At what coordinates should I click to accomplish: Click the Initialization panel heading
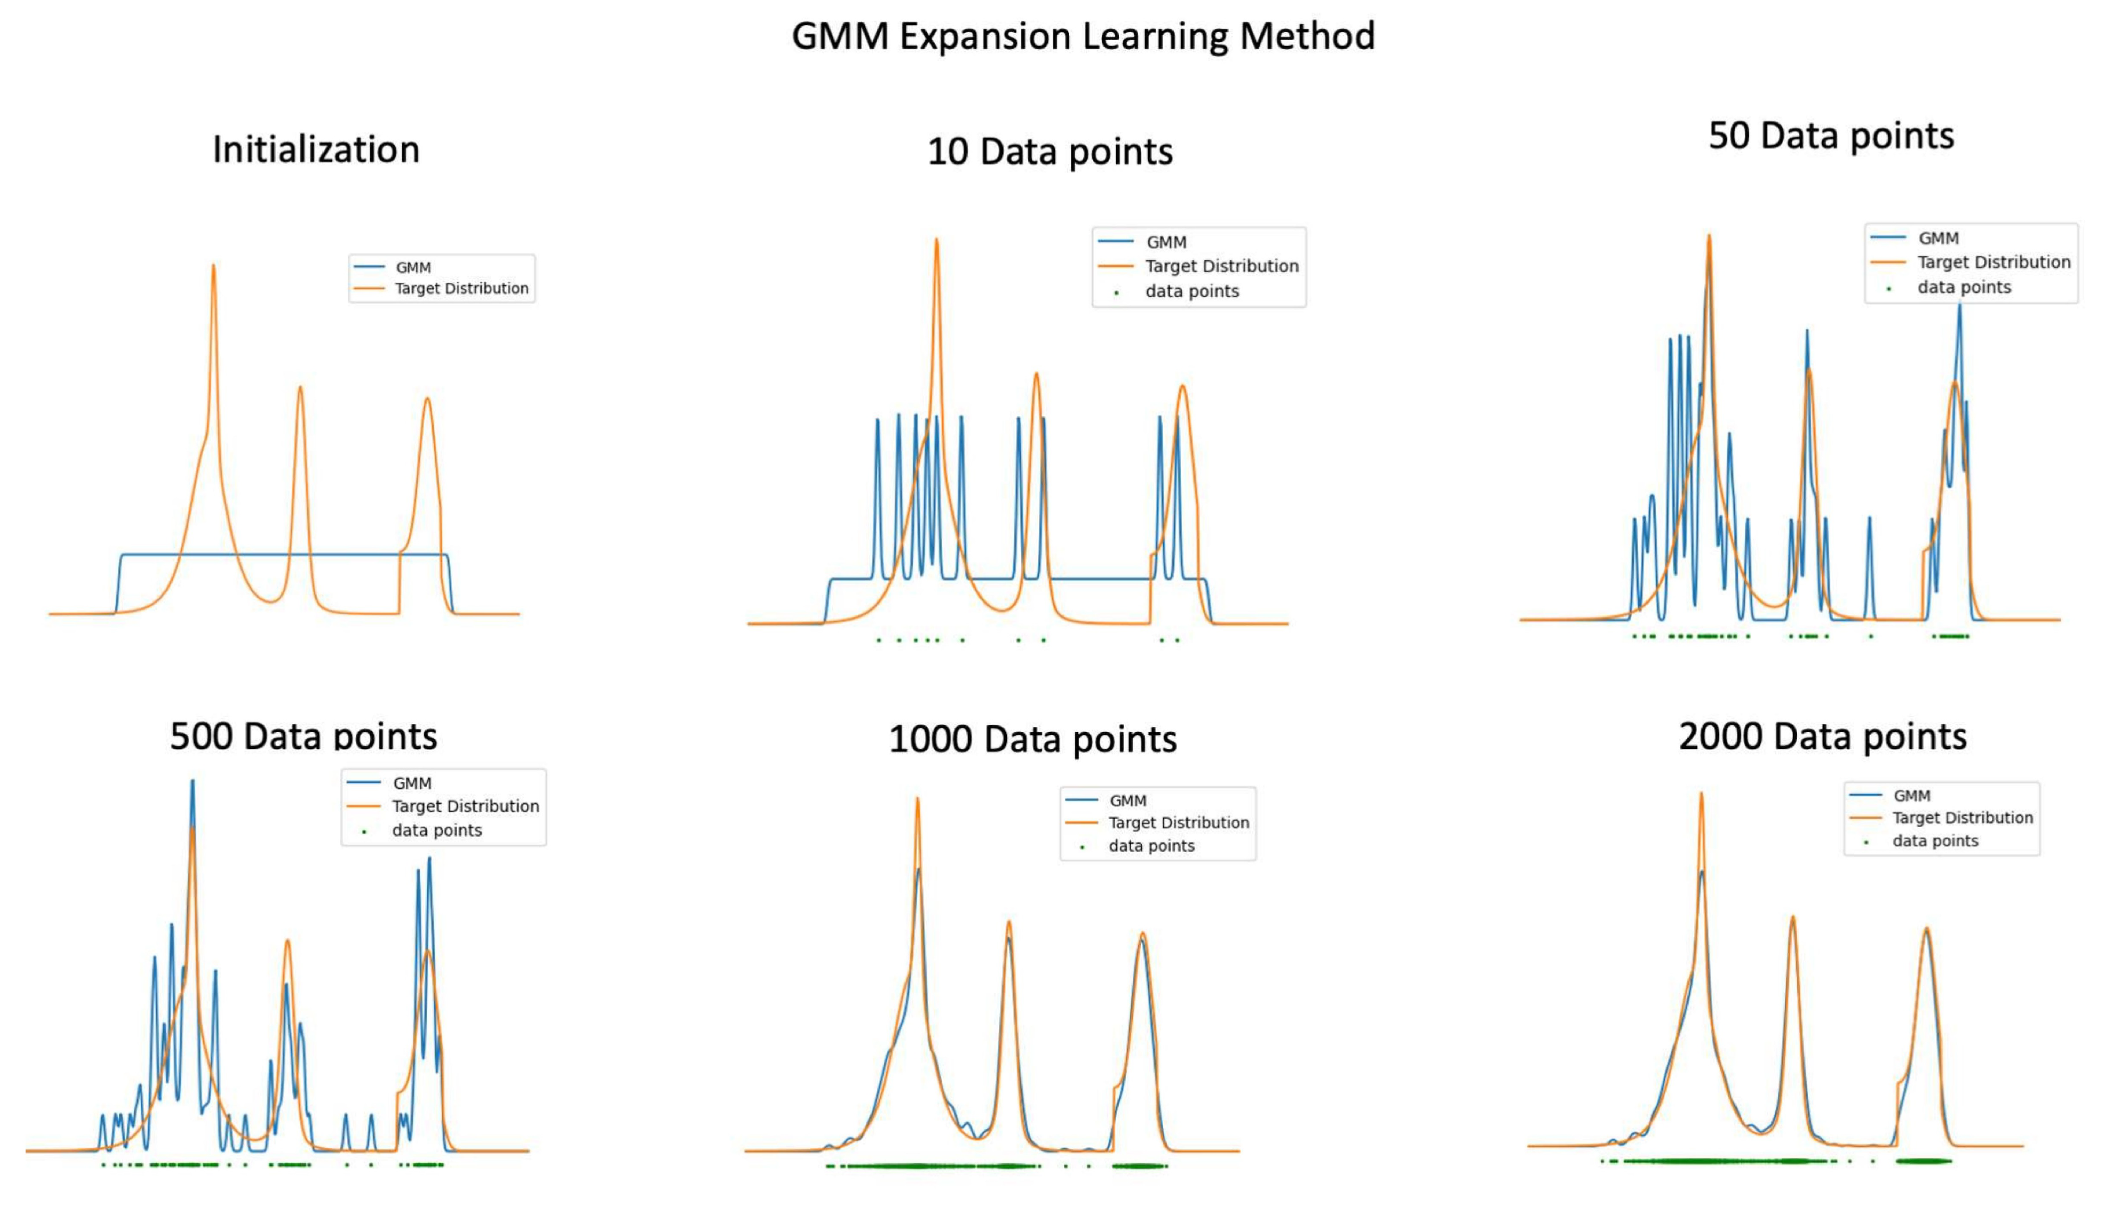(316, 150)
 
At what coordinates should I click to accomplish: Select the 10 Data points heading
(1050, 152)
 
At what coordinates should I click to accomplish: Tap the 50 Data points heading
(1831, 136)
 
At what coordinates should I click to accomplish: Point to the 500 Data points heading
(304, 736)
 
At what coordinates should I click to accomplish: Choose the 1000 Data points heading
(1032, 739)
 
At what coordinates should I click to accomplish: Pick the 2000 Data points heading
(1823, 736)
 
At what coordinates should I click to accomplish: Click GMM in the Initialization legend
(413, 267)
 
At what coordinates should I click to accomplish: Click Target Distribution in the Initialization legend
(461, 288)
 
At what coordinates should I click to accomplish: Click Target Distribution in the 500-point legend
(465, 806)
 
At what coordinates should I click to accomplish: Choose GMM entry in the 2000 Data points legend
(1911, 796)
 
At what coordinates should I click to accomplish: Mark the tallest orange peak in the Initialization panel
(213, 266)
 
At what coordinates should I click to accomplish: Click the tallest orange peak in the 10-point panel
(936, 241)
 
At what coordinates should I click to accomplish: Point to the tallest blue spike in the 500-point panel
(193, 782)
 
